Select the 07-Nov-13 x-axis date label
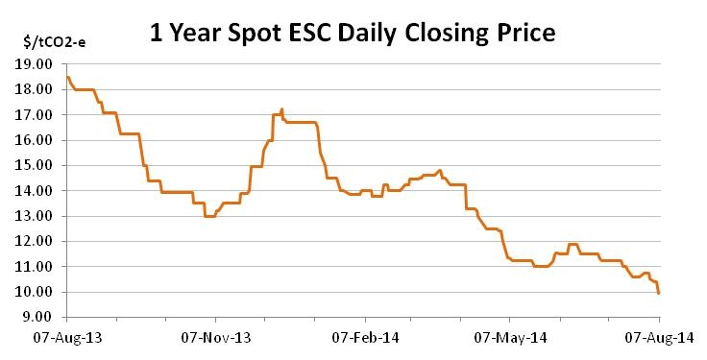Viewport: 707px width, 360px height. tap(216, 338)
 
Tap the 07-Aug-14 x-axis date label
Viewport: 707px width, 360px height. tap(659, 338)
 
